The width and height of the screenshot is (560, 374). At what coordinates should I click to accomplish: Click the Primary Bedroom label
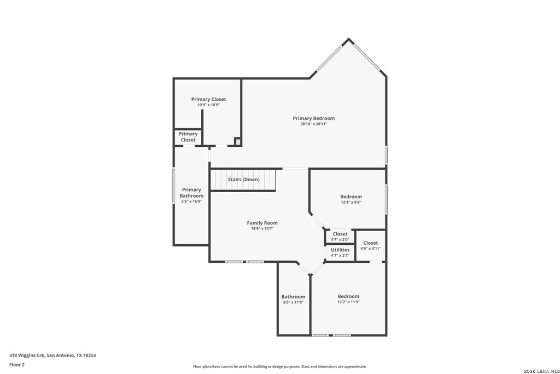(x=313, y=118)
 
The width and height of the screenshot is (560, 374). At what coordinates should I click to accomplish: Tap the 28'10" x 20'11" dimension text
(x=313, y=124)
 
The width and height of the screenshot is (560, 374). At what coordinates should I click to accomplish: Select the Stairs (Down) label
(x=244, y=180)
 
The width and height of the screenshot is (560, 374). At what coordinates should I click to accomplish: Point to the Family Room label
(x=262, y=223)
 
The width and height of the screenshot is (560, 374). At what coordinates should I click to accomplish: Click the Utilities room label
(x=340, y=250)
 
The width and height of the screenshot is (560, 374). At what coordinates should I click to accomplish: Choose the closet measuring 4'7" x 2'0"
(x=340, y=237)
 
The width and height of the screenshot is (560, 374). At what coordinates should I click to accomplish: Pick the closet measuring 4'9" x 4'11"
(x=370, y=245)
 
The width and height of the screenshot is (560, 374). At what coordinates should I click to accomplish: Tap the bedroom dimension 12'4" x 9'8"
(x=351, y=202)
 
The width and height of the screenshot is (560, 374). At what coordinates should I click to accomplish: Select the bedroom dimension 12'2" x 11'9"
(x=348, y=302)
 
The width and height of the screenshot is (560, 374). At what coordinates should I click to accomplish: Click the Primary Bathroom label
(x=191, y=193)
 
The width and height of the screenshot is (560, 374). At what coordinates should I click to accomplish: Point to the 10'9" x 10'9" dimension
(x=208, y=105)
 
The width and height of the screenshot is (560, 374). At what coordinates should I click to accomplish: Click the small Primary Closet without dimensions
(x=188, y=137)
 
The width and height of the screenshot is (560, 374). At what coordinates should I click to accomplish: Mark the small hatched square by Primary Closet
(x=237, y=142)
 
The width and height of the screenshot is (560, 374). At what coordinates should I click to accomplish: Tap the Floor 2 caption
(x=17, y=364)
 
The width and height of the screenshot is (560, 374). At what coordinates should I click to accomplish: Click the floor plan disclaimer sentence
(x=279, y=366)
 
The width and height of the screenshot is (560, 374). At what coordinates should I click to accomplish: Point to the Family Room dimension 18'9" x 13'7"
(x=262, y=228)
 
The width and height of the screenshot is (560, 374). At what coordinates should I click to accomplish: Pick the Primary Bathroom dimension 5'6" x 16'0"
(x=191, y=201)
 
